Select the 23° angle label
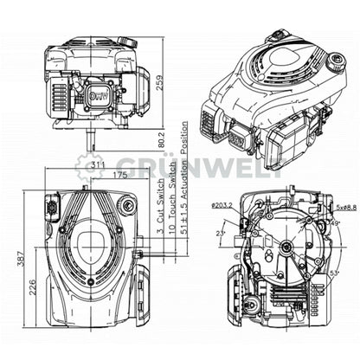220,234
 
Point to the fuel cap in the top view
127,204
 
